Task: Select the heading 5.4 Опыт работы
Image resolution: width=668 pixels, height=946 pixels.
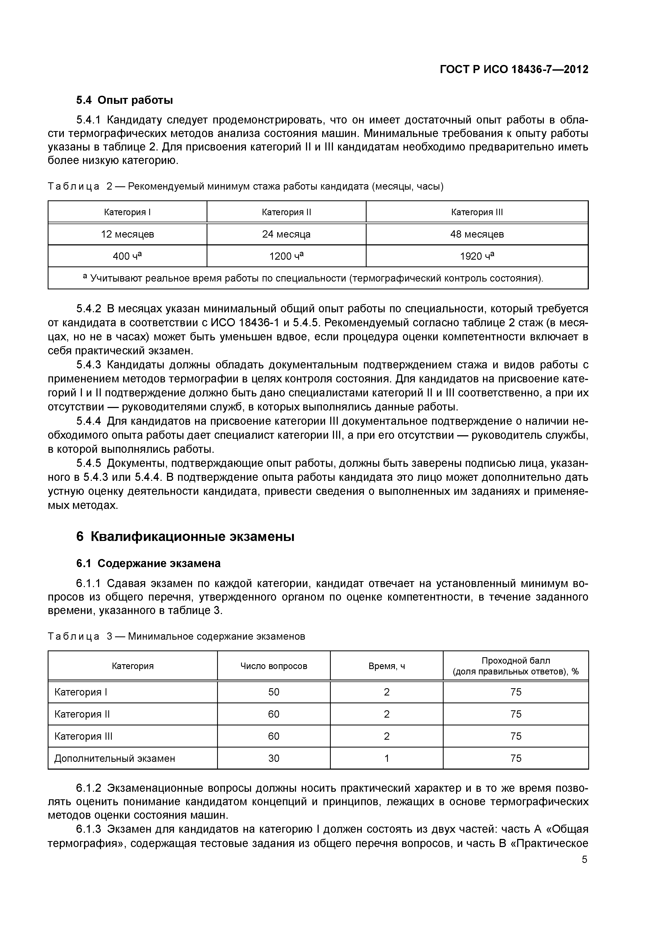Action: pyautogui.click(x=124, y=100)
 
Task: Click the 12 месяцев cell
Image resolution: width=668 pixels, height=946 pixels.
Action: pyautogui.click(x=128, y=234)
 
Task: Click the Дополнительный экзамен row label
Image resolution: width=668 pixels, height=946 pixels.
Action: pyautogui.click(x=115, y=758)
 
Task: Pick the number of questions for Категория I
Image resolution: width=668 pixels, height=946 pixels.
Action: pyautogui.click(x=274, y=692)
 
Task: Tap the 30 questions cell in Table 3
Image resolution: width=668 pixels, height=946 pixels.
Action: pyautogui.click(x=274, y=758)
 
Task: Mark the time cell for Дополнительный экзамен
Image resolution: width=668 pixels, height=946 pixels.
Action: pyautogui.click(x=387, y=758)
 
